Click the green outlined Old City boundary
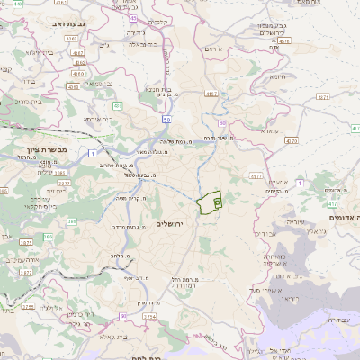pyautogui.click(x=210, y=201)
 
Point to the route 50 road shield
pyautogui.click(x=166, y=119)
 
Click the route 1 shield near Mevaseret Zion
pyautogui.click(x=94, y=154)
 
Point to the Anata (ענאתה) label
pyautogui.click(x=269, y=130)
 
